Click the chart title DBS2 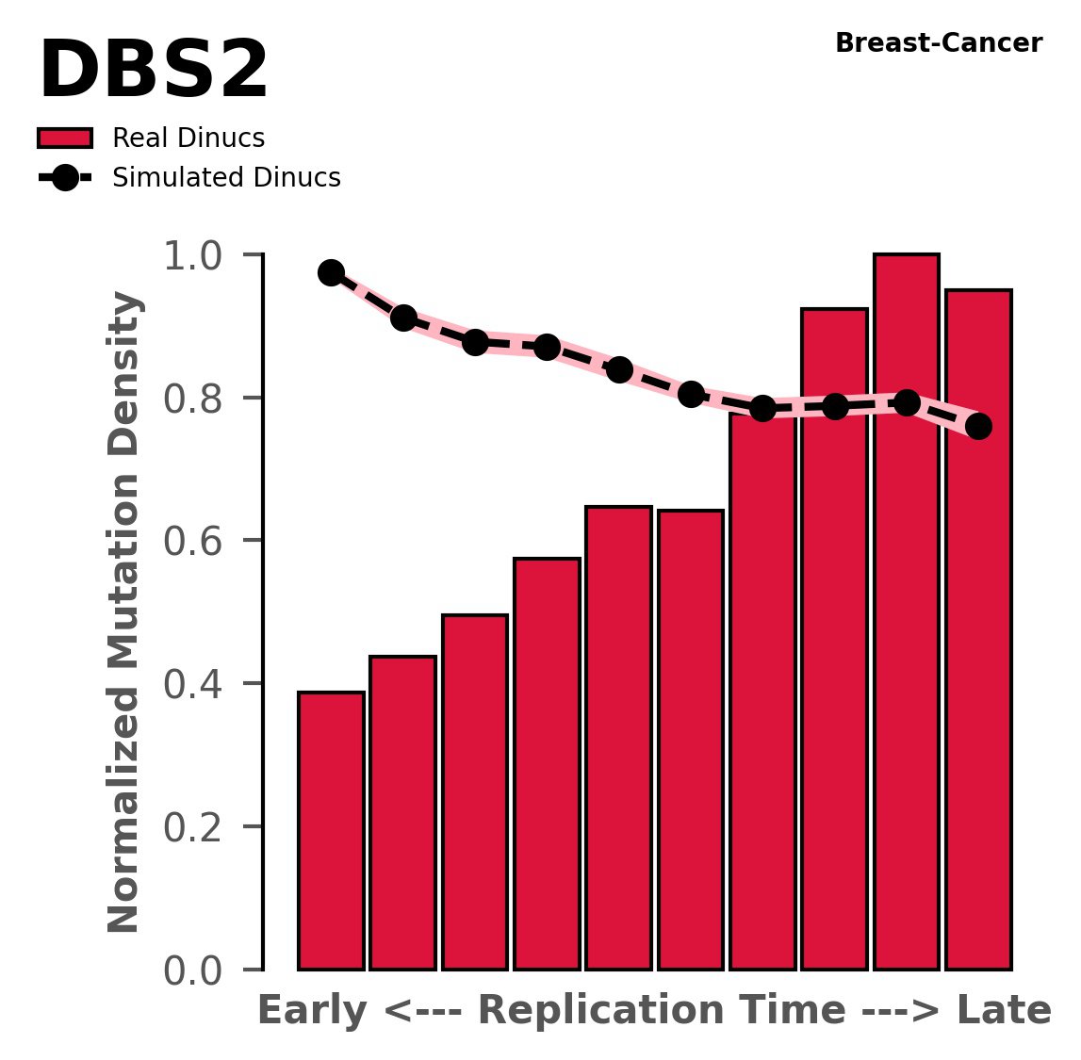click(154, 73)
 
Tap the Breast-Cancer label click(939, 43)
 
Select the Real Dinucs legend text click(188, 139)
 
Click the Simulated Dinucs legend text click(226, 178)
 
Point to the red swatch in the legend click(65, 139)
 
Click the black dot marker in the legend click(65, 178)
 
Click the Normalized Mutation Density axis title click(124, 612)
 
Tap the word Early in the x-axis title click(313, 1012)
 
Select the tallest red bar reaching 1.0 click(907, 612)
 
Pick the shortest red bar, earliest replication click(331, 829)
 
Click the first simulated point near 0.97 click(331, 272)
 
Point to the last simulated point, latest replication click(978, 427)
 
